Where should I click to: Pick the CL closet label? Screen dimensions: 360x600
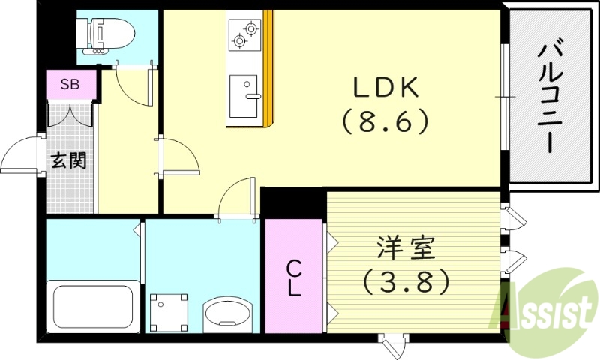[x=294, y=277]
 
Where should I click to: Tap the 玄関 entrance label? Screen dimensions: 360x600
[x=69, y=160]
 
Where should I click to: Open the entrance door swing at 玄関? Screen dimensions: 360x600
[x=22, y=155]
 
